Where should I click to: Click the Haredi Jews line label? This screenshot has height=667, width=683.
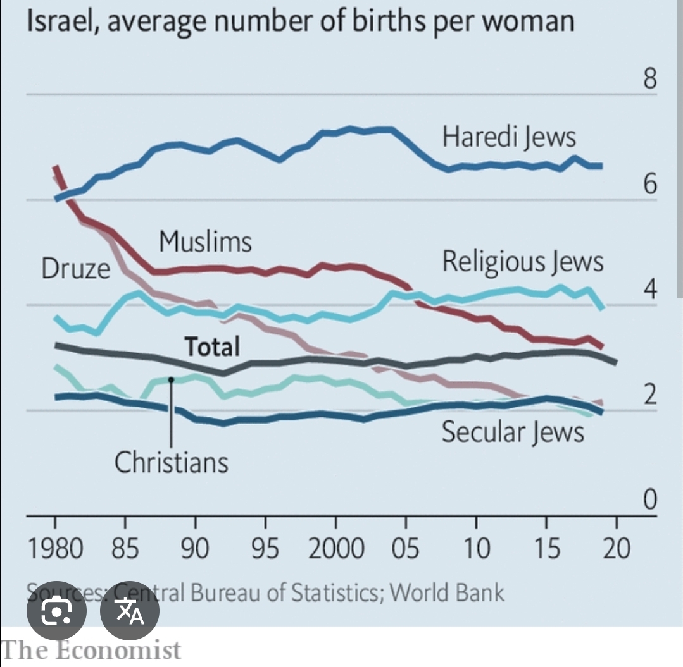click(x=509, y=137)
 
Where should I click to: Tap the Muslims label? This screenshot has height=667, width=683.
click(x=205, y=242)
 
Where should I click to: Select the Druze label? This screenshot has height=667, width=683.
click(x=75, y=269)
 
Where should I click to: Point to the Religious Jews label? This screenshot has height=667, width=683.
click(x=523, y=261)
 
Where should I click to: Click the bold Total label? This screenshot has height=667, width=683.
click(x=212, y=346)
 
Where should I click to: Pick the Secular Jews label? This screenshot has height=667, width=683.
click(x=513, y=432)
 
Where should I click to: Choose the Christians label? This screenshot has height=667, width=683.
click(x=171, y=462)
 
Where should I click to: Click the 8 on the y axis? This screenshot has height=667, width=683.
click(x=647, y=80)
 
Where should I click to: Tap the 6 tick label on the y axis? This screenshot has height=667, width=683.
click(x=647, y=185)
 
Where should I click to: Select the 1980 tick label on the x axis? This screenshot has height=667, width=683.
click(x=55, y=548)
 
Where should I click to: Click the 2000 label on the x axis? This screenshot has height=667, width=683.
click(x=336, y=548)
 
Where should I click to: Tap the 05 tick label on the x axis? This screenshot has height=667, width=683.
click(x=406, y=548)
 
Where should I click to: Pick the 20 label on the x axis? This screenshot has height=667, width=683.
click(x=617, y=548)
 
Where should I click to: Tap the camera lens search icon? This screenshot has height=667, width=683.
click(x=56, y=611)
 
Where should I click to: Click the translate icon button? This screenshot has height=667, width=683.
click(x=130, y=611)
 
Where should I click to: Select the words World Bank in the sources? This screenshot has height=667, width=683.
click(x=447, y=592)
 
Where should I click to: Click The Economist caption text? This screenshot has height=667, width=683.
click(x=91, y=650)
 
